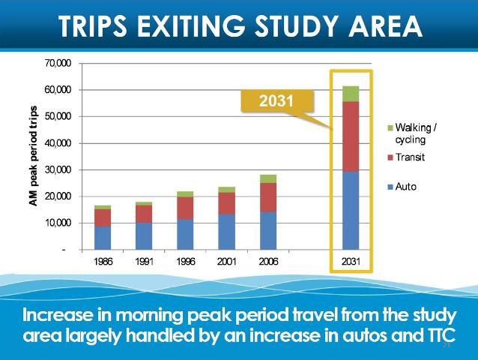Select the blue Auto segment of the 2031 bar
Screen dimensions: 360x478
351,210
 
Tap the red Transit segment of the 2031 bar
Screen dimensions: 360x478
351,136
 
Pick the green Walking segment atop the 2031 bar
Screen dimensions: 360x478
351,94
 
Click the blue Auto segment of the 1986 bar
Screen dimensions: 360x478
103,237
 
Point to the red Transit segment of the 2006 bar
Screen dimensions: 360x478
268,197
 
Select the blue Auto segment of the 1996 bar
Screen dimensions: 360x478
185,234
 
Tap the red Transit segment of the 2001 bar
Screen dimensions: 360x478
226,203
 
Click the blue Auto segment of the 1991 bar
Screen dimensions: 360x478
144,235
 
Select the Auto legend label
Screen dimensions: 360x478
405,186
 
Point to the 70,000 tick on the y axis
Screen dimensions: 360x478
58,64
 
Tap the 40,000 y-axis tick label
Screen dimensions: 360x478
58,143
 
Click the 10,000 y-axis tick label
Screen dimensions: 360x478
58,223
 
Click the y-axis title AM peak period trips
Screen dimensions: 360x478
34,156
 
